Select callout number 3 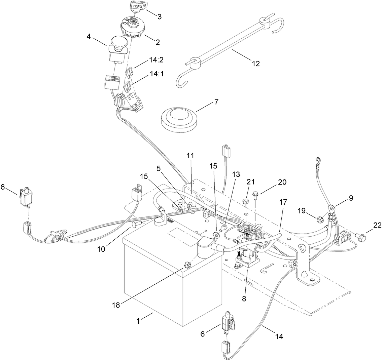click(x=160, y=16)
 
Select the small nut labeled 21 click(x=246, y=201)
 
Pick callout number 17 click(x=283, y=202)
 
